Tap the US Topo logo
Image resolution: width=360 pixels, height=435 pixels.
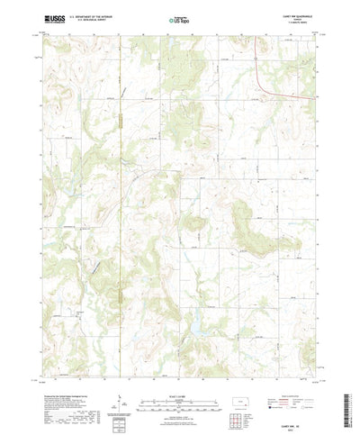178,18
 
